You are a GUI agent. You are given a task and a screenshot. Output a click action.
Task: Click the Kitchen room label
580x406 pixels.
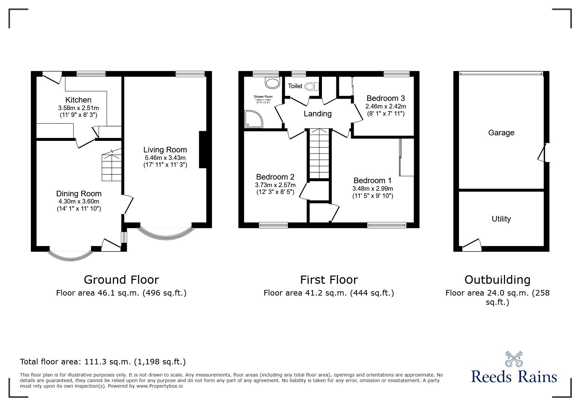pos(78,100)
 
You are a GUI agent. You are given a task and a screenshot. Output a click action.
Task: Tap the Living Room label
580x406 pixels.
pos(165,150)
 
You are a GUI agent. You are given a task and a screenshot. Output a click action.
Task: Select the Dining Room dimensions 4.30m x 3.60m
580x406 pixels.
pos(78,202)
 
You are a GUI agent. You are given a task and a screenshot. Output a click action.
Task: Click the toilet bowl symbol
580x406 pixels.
pos(311,86)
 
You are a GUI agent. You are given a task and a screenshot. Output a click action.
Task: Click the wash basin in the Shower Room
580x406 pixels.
pos(272,83)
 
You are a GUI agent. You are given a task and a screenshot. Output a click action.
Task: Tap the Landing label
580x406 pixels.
pos(317,114)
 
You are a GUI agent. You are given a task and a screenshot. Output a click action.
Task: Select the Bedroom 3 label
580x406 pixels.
pos(385,98)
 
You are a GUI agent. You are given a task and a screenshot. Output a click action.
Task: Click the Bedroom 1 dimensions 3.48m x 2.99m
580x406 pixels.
pos(372,188)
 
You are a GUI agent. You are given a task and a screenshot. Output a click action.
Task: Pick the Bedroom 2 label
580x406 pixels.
pos(275,177)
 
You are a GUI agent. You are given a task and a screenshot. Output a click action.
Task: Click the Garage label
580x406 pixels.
pos(501,133)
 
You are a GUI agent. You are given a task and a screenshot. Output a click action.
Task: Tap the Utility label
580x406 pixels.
pos(501,219)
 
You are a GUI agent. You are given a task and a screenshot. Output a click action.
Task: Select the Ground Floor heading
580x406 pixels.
pos(121,280)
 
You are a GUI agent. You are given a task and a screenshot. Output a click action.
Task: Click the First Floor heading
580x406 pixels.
pos(329,280)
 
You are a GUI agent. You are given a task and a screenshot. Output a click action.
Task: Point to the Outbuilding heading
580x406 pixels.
pos(497,280)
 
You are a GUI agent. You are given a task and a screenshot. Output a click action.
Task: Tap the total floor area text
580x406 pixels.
pos(103,362)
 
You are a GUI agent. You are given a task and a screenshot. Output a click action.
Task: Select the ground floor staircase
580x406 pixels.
pos(112,167)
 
